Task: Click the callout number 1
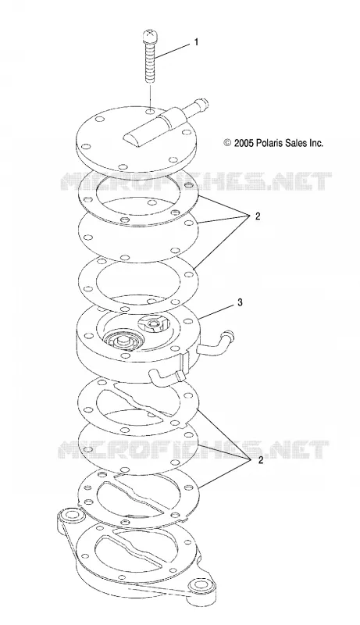[x=196, y=42]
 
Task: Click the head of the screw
[x=148, y=37]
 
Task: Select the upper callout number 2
[x=257, y=216]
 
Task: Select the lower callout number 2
[x=261, y=460]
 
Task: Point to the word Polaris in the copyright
[x=269, y=143]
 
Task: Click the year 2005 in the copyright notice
[x=244, y=143]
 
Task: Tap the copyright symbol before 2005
[x=228, y=143]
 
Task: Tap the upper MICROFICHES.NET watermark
[x=196, y=182]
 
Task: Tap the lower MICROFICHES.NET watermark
[x=194, y=450]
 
